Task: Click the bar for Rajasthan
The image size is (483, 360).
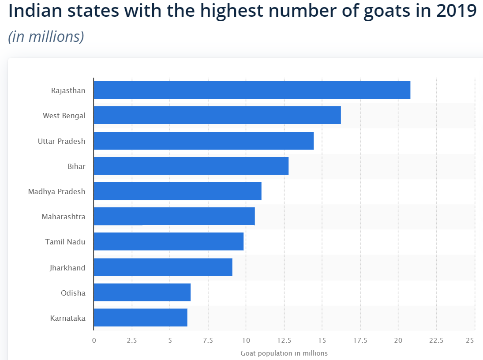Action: (251, 90)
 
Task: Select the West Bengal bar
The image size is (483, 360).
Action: (217, 115)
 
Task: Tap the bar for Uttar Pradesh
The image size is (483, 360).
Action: (203, 141)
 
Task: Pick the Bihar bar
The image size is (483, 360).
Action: (191, 166)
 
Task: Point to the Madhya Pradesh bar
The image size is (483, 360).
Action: (177, 191)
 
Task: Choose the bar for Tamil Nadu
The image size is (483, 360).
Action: (168, 242)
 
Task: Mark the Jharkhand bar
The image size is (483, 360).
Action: (163, 267)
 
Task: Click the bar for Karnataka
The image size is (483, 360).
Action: (140, 318)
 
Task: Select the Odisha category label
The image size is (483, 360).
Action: (73, 292)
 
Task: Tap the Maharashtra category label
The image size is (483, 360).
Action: (64, 217)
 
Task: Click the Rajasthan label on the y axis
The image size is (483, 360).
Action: (68, 91)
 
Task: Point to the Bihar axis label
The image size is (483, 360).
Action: (77, 166)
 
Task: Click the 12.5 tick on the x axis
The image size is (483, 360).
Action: (284, 340)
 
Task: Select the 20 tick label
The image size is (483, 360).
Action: (398, 340)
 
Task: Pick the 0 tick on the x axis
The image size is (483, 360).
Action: (94, 340)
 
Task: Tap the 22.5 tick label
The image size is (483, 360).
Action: (436, 340)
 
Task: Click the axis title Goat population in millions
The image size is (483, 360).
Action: (284, 353)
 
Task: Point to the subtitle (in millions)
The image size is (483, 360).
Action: (46, 37)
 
